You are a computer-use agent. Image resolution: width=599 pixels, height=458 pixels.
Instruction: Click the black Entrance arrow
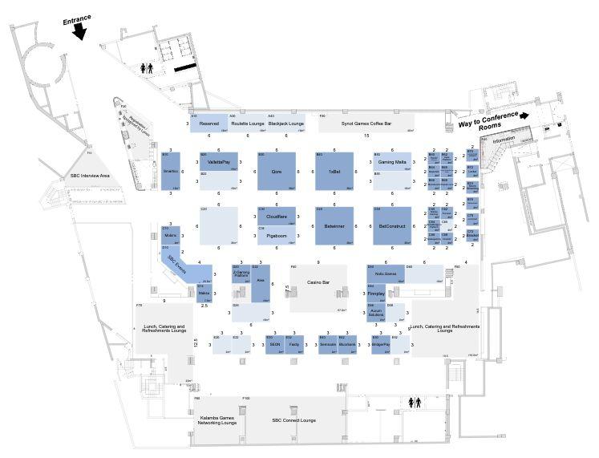click(x=79, y=30)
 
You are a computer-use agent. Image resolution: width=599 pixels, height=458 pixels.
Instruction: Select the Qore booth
click(x=277, y=171)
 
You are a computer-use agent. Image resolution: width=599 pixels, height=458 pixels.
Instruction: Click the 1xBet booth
click(x=334, y=171)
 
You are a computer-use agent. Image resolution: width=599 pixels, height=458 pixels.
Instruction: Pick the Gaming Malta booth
click(x=392, y=162)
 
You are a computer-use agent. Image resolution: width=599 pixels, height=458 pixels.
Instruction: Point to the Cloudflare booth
click(x=277, y=217)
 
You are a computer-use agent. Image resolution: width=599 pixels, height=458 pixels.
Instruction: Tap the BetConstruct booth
click(x=392, y=225)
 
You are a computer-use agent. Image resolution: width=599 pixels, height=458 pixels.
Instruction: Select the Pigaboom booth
click(x=277, y=235)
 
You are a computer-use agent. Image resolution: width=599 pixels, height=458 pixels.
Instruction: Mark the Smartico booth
click(x=170, y=172)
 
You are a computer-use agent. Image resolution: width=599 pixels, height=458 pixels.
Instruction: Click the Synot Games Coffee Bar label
click(x=366, y=124)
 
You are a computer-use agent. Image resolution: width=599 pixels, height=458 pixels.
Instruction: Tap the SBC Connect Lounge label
click(x=293, y=420)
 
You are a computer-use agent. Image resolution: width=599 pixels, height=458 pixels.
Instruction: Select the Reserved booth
click(x=209, y=124)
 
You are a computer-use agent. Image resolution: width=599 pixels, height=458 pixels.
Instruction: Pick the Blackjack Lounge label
click(x=285, y=124)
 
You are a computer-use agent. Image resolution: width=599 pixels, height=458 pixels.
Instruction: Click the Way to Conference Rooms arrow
click(x=523, y=115)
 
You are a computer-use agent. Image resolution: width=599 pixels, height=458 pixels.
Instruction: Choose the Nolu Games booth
click(x=387, y=274)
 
